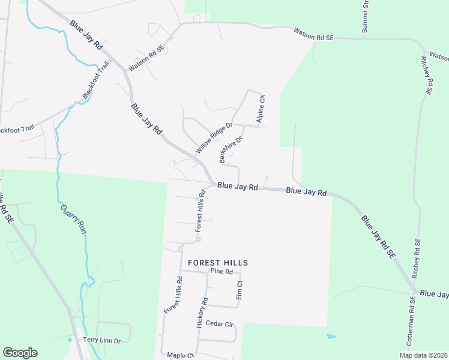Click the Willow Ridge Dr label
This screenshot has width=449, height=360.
(214, 137)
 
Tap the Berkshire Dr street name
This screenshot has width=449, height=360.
(231, 149)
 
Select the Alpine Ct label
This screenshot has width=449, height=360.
(261, 109)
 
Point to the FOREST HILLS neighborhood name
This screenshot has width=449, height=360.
(218, 263)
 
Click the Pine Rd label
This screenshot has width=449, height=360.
(221, 272)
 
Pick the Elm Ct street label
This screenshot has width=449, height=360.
(239, 290)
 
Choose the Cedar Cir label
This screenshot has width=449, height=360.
(219, 323)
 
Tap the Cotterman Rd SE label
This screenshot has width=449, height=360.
(412, 324)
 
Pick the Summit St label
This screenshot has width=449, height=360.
(364, 16)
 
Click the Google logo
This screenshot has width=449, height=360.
(20, 353)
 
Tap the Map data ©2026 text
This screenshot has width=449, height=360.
(423, 355)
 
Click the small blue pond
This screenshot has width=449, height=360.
(331, 336)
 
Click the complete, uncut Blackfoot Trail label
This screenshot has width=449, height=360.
(95, 80)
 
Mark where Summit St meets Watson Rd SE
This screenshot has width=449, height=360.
(364, 38)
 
